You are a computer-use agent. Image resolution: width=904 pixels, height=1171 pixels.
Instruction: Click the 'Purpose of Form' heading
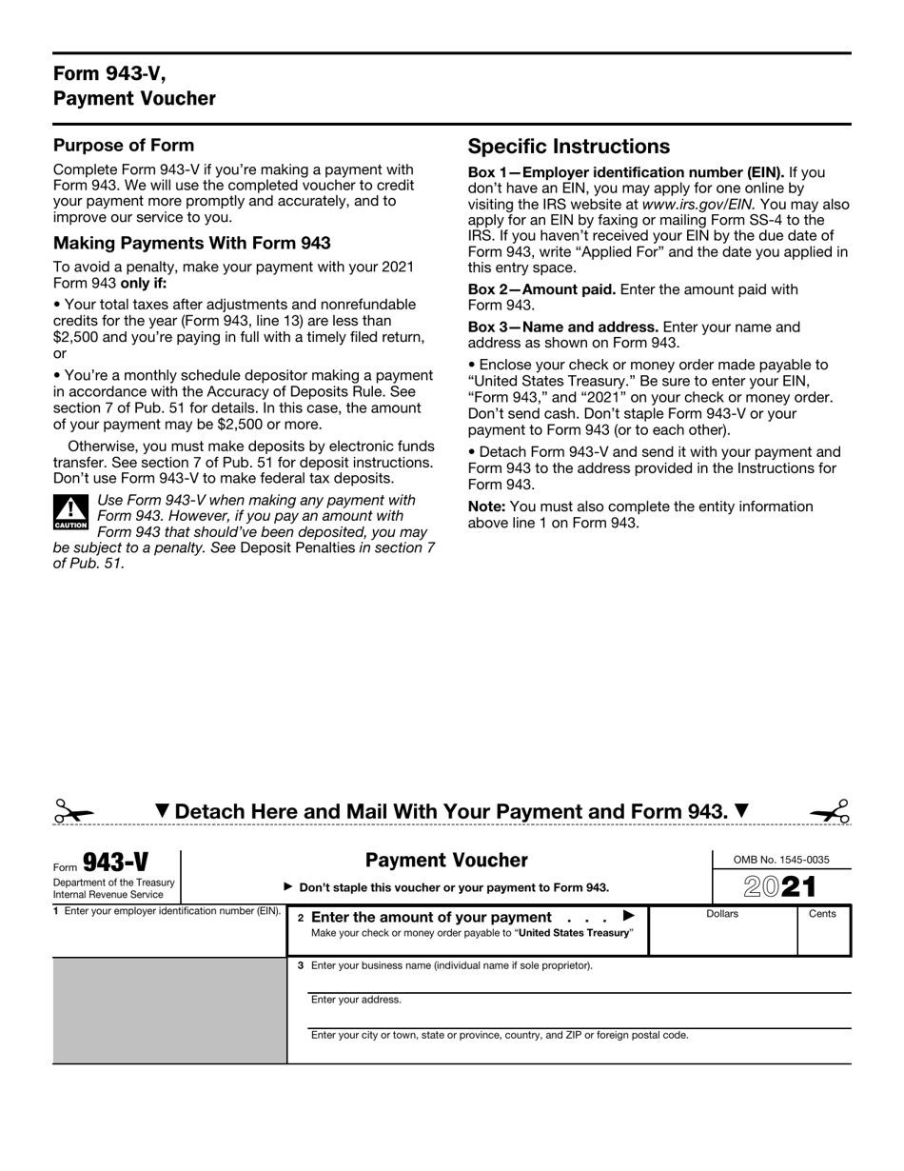124,146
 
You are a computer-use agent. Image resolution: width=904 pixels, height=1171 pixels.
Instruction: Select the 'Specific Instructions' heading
568,147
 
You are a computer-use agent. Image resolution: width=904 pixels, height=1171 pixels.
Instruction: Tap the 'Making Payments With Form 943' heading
191,243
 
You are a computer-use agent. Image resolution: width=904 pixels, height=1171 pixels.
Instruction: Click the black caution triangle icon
70,512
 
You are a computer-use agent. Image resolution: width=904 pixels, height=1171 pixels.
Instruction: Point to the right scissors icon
830,811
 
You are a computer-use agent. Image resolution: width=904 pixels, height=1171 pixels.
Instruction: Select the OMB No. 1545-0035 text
781,860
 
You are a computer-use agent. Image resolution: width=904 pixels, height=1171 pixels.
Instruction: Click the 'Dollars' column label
722,914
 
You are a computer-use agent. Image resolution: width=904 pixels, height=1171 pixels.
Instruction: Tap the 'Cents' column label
822,914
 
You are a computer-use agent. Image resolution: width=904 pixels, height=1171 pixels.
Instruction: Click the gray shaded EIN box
169,1009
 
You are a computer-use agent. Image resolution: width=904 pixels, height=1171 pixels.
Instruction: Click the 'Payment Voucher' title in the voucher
446,861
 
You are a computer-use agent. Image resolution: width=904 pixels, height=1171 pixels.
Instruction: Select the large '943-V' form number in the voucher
115,863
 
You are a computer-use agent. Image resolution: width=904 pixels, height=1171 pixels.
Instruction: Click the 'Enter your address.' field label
356,1000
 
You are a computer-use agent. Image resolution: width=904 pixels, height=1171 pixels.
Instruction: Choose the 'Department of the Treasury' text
114,883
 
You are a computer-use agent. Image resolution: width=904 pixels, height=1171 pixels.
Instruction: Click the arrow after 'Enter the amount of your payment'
628,916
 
